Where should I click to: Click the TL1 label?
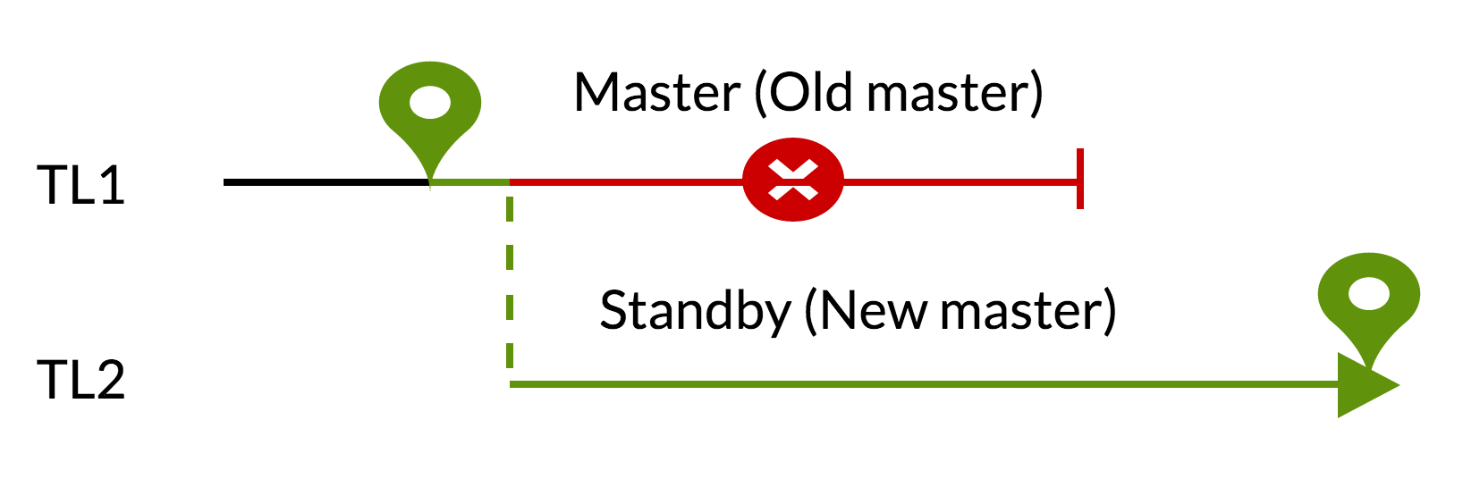coord(80,186)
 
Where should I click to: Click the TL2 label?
coord(80,380)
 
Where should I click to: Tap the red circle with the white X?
coord(793,180)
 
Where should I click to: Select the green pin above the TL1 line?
coord(430,112)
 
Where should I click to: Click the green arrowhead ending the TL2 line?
coord(1364,385)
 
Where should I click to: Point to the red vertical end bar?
coord(1080,179)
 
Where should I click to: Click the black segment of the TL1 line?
coord(326,182)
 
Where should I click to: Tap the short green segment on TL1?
coord(470,182)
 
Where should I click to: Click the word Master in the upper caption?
coord(657,92)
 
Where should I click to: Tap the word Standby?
coord(695,311)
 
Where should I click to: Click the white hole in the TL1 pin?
coord(430,102)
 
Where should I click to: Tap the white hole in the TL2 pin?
coord(1368,293)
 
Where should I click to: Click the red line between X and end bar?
coord(961,181)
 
